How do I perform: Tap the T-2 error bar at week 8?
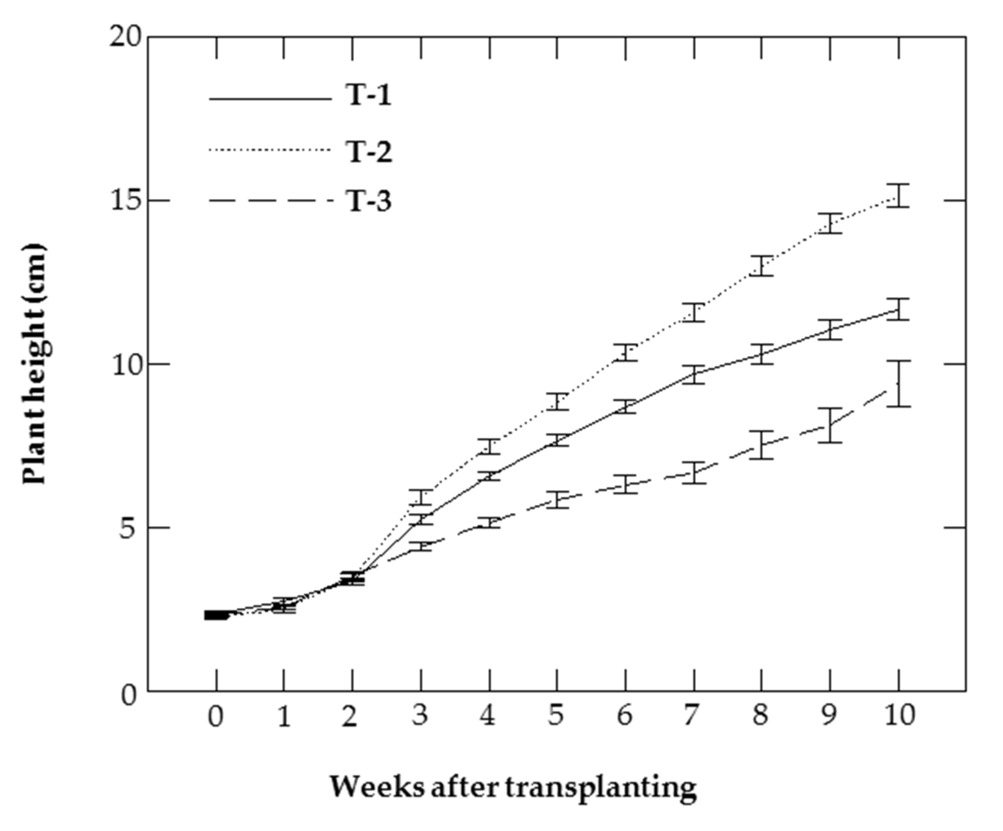coord(762,266)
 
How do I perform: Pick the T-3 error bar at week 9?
coord(830,425)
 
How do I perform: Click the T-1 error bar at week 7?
coord(693,374)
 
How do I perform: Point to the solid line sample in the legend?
coord(270,99)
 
